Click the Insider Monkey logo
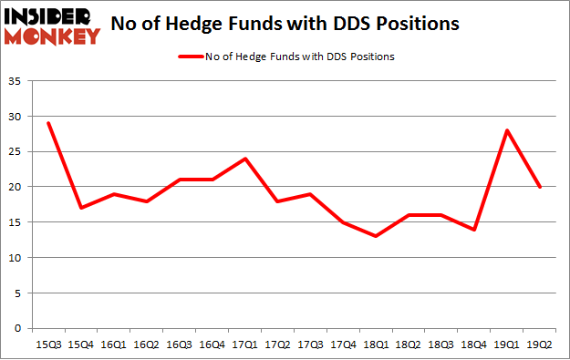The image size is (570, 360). (x=52, y=26)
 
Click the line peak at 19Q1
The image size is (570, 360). (x=507, y=130)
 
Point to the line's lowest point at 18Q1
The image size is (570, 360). (x=376, y=236)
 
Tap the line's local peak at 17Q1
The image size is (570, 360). (x=244, y=159)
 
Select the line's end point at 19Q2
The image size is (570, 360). (x=540, y=187)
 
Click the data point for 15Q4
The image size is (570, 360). (x=80, y=208)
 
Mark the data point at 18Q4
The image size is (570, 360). (x=474, y=229)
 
